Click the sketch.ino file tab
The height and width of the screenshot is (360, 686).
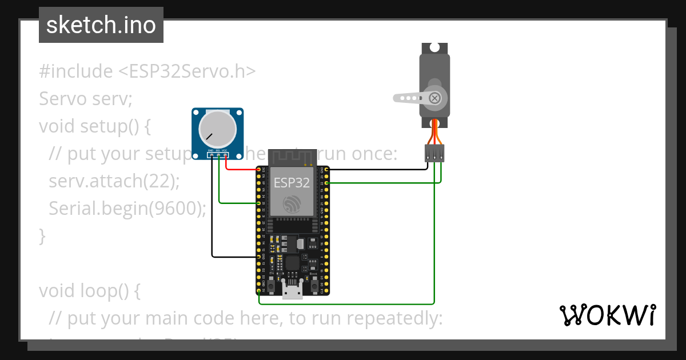[x=101, y=25]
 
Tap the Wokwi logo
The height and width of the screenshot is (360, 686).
[x=607, y=315]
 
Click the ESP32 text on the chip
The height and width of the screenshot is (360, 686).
[x=292, y=183]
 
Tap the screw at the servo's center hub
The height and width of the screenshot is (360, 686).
[x=435, y=98]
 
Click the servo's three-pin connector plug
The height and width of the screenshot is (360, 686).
[x=434, y=153]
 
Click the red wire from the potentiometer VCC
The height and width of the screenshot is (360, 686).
[x=240, y=169]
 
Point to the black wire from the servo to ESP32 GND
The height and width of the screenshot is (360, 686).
[x=377, y=170]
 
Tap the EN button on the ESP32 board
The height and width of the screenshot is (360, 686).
[x=270, y=284]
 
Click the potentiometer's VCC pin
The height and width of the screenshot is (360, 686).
[x=225, y=155]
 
